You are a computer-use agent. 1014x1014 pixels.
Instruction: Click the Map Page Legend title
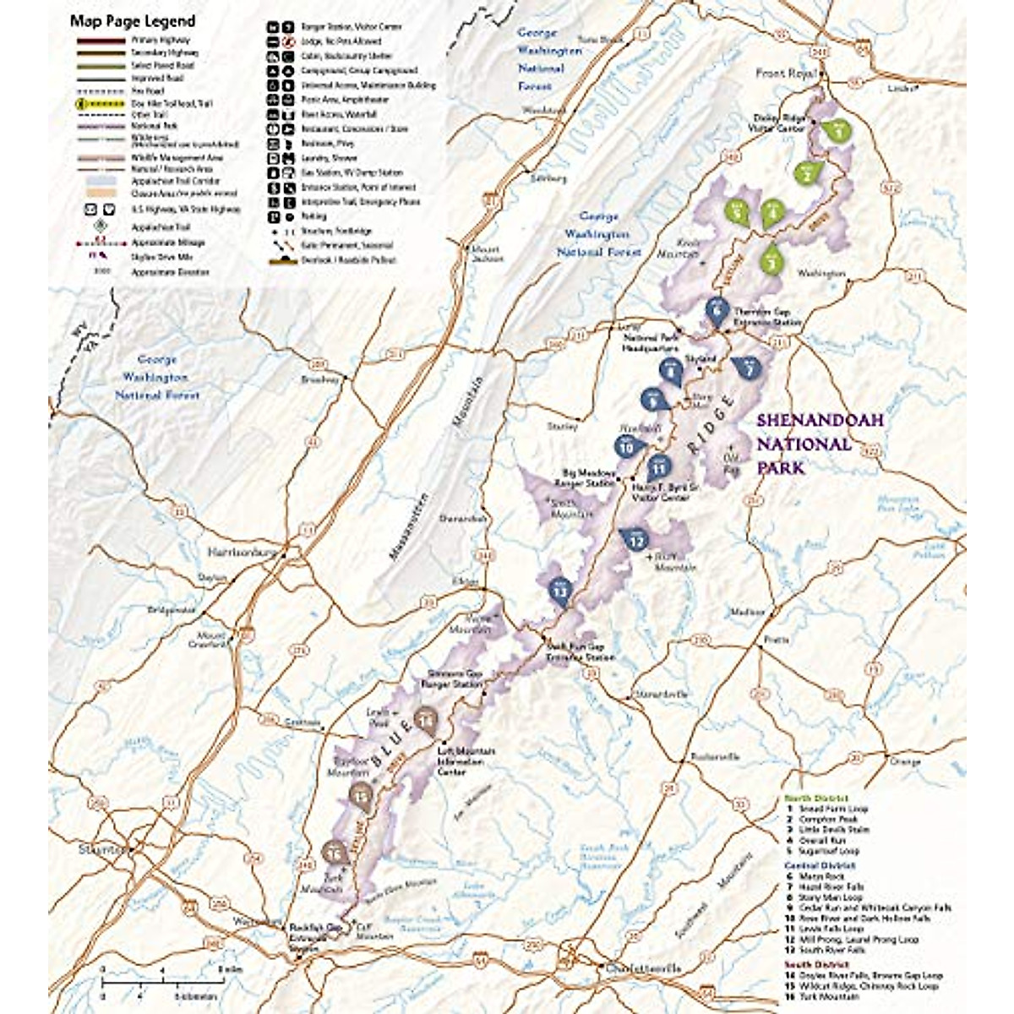pos(132,21)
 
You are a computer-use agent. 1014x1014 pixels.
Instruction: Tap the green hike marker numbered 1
pos(837,130)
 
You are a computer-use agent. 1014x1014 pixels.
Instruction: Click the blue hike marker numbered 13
pos(559,591)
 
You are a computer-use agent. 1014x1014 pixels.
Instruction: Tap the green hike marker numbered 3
pos(771,261)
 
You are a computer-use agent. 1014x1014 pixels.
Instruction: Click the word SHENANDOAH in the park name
pos(807,420)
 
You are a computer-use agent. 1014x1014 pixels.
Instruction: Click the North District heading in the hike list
pos(815,799)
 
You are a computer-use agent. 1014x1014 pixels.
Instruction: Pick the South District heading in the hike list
pos(815,964)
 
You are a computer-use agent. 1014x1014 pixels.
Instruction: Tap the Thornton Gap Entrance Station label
pos(766,316)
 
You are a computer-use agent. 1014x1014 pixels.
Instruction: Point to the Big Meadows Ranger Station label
pos(584,478)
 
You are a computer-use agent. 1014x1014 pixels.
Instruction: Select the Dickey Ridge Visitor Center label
pos(778,123)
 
